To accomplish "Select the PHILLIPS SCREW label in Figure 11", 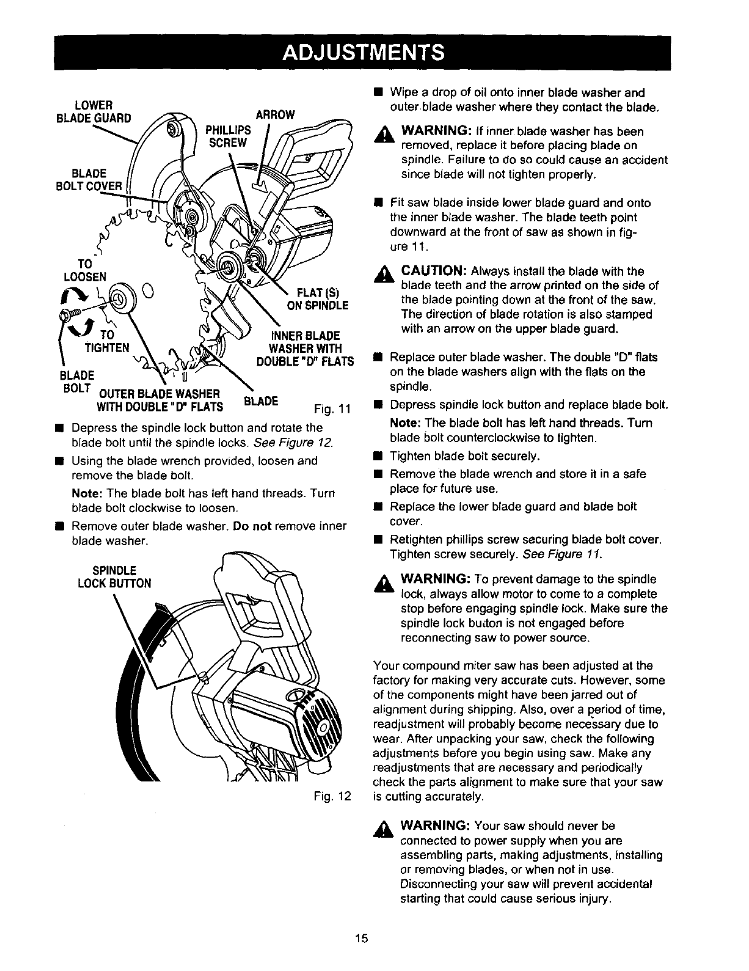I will click(x=228, y=136).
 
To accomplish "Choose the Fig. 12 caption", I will click(x=332, y=797).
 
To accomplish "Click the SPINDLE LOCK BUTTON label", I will click(x=114, y=577).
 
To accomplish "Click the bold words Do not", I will click(x=252, y=526).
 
